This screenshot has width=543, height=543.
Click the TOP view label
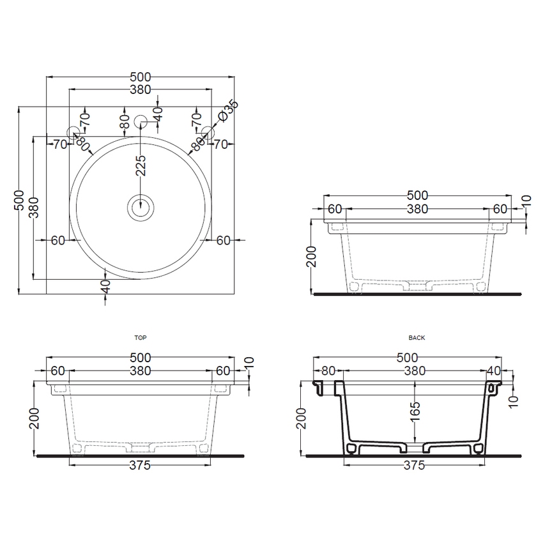pos(140,337)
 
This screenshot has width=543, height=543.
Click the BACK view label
pos(416,337)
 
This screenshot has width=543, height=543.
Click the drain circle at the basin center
pos(141,206)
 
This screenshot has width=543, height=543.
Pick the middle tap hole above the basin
pos(141,119)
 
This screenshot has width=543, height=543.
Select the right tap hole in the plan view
pos(208,132)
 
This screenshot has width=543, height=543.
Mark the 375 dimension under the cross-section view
pos(415,466)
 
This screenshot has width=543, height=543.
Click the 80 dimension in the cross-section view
pos(328,371)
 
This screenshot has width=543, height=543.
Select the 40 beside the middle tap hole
pos(158,114)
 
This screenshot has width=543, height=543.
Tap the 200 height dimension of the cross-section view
pos(302,419)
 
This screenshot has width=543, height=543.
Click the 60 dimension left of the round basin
pos(58,240)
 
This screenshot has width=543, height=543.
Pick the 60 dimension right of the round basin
pos(223,240)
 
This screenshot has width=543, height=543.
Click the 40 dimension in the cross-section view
pos(493,371)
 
